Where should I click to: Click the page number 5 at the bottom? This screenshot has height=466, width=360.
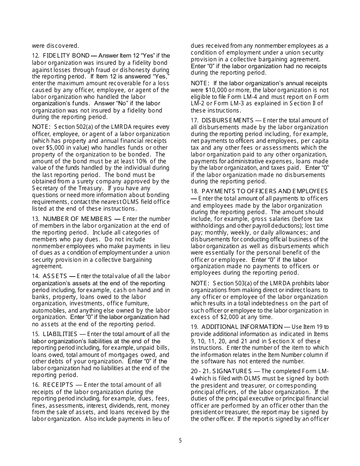click(180, 441)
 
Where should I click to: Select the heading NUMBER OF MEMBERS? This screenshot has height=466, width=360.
click(77, 219)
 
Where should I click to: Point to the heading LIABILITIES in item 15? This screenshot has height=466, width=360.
click(60, 334)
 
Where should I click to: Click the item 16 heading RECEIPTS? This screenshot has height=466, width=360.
click(57, 385)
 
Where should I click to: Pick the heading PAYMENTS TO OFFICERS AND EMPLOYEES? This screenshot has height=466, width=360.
click(265, 191)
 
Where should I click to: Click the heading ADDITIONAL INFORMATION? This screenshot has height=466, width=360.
click(242, 327)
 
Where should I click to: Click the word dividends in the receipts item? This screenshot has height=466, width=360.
click(113, 405)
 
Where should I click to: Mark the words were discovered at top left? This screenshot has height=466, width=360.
click(55, 46)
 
